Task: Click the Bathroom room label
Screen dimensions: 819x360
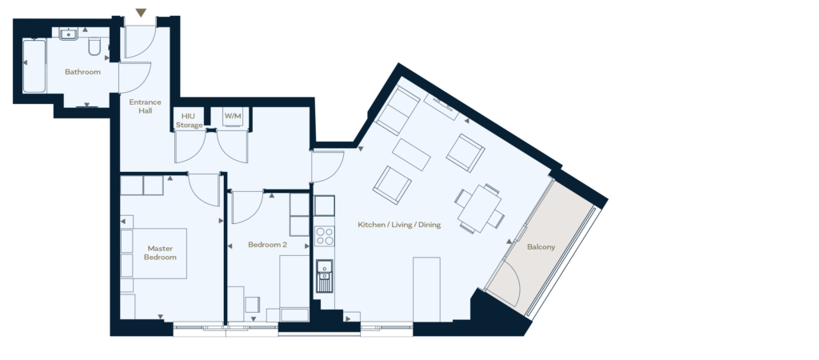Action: [82, 71]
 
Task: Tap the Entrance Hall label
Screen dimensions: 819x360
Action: [146, 106]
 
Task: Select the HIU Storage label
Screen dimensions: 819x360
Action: [189, 121]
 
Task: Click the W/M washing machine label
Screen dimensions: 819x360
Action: [233, 116]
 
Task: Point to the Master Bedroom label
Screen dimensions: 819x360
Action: [160, 253]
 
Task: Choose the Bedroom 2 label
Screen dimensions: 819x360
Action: [267, 245]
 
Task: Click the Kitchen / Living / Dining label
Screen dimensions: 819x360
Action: [399, 225]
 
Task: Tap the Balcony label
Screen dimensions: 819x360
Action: [541, 246]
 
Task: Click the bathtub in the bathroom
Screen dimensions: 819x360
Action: [34, 66]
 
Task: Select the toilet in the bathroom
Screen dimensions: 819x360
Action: [94, 46]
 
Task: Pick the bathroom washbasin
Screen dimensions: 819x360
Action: [69, 34]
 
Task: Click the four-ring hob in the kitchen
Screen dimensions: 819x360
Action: [325, 236]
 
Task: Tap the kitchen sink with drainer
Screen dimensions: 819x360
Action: [325, 276]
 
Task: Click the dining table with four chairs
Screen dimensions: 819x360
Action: [480, 209]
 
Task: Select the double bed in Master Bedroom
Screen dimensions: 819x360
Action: [154, 254]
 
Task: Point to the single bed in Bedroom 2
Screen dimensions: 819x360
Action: [294, 288]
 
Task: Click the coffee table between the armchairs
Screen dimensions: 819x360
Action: [412, 154]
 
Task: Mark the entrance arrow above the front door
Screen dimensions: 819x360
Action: [141, 13]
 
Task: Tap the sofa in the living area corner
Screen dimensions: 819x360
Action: [398, 110]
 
